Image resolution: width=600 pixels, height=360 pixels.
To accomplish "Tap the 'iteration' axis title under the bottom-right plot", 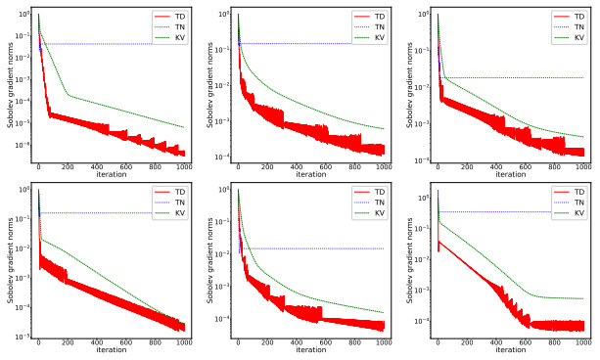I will (510, 350).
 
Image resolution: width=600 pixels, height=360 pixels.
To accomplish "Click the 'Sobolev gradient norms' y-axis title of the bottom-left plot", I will (8, 259).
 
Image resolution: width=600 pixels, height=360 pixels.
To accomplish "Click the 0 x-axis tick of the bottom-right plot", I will (438, 342).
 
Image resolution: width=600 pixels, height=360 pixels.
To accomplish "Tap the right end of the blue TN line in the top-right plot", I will (583, 78).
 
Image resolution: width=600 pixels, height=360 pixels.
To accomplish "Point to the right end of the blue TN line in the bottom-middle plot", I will (384, 248).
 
